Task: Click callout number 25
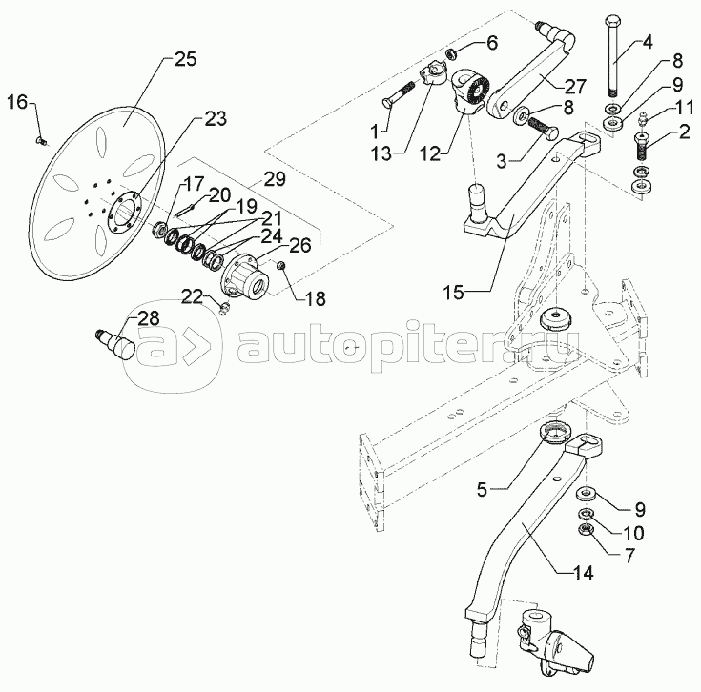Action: tap(184, 59)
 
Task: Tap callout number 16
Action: tap(17, 102)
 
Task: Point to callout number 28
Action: tap(148, 318)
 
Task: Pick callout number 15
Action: tap(454, 293)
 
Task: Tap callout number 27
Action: tap(574, 86)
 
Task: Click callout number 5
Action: tap(481, 490)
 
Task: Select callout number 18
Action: tap(315, 299)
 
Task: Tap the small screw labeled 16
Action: tap(39, 141)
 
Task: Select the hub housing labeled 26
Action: tap(245, 277)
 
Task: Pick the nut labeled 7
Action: tap(586, 529)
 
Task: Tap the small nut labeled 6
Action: tap(452, 54)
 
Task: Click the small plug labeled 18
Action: tap(281, 266)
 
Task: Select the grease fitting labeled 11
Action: tap(643, 119)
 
